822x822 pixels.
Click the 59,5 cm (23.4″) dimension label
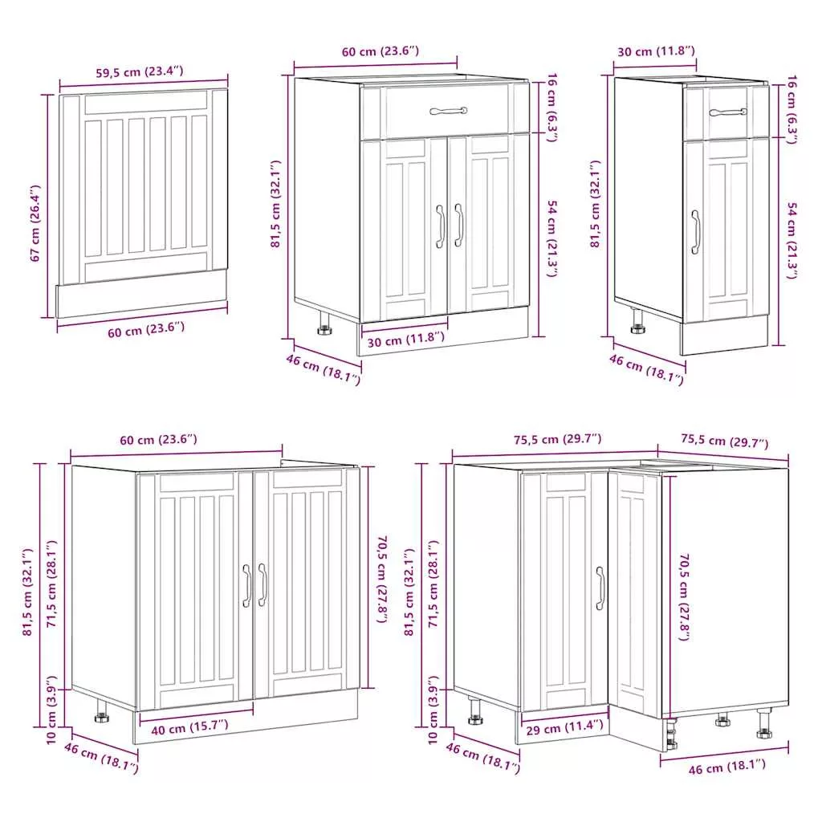point(140,71)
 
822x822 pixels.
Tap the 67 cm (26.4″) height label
point(35,223)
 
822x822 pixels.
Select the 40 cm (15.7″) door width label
point(189,727)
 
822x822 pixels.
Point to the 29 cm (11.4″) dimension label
point(564,727)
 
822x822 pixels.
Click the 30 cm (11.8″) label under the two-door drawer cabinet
point(405,340)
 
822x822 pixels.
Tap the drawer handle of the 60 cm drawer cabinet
point(448,111)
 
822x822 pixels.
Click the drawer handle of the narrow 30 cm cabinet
point(728,112)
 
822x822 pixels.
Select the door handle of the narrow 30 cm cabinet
point(695,232)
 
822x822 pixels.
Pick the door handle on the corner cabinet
point(600,588)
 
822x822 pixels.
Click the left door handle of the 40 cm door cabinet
point(247,585)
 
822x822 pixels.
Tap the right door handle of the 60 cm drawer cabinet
point(458,225)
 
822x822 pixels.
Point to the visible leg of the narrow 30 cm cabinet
point(637,321)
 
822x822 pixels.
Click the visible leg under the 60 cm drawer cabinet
point(324,322)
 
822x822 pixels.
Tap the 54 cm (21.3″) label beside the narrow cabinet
point(792,240)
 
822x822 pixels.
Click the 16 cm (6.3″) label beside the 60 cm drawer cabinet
point(552,108)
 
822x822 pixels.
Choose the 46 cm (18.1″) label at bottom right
point(726,767)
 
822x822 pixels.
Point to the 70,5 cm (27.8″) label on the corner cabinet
point(684,597)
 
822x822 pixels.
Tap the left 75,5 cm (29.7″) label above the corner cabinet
point(557,439)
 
